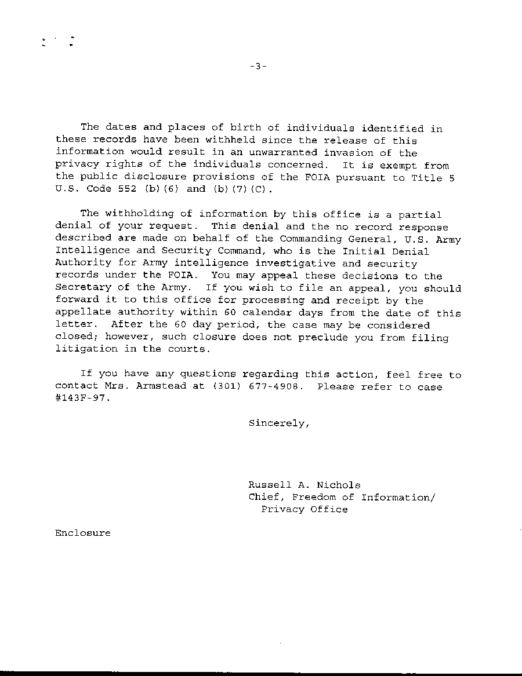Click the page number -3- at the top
[x=258, y=67]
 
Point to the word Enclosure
[x=82, y=533]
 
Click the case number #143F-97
[x=82, y=399]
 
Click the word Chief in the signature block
[x=266, y=497]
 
